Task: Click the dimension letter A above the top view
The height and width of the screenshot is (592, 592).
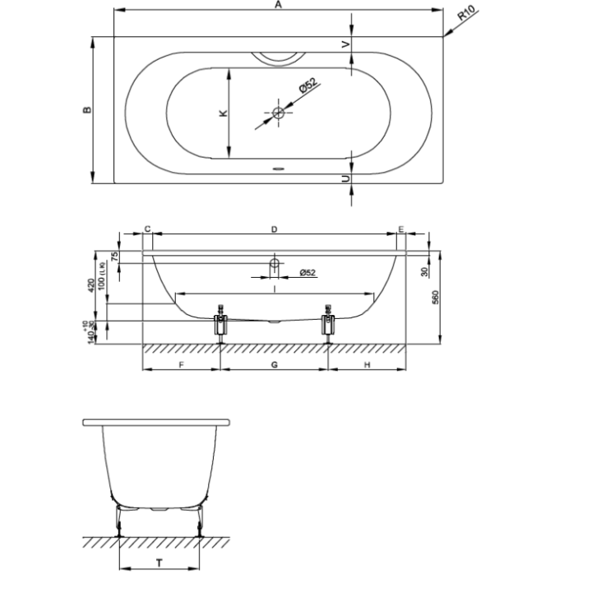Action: pos(278,6)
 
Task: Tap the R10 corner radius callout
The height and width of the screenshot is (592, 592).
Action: pos(467,14)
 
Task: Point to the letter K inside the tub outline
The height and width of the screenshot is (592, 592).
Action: pos(222,113)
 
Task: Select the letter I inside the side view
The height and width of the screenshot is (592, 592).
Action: pos(274,288)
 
